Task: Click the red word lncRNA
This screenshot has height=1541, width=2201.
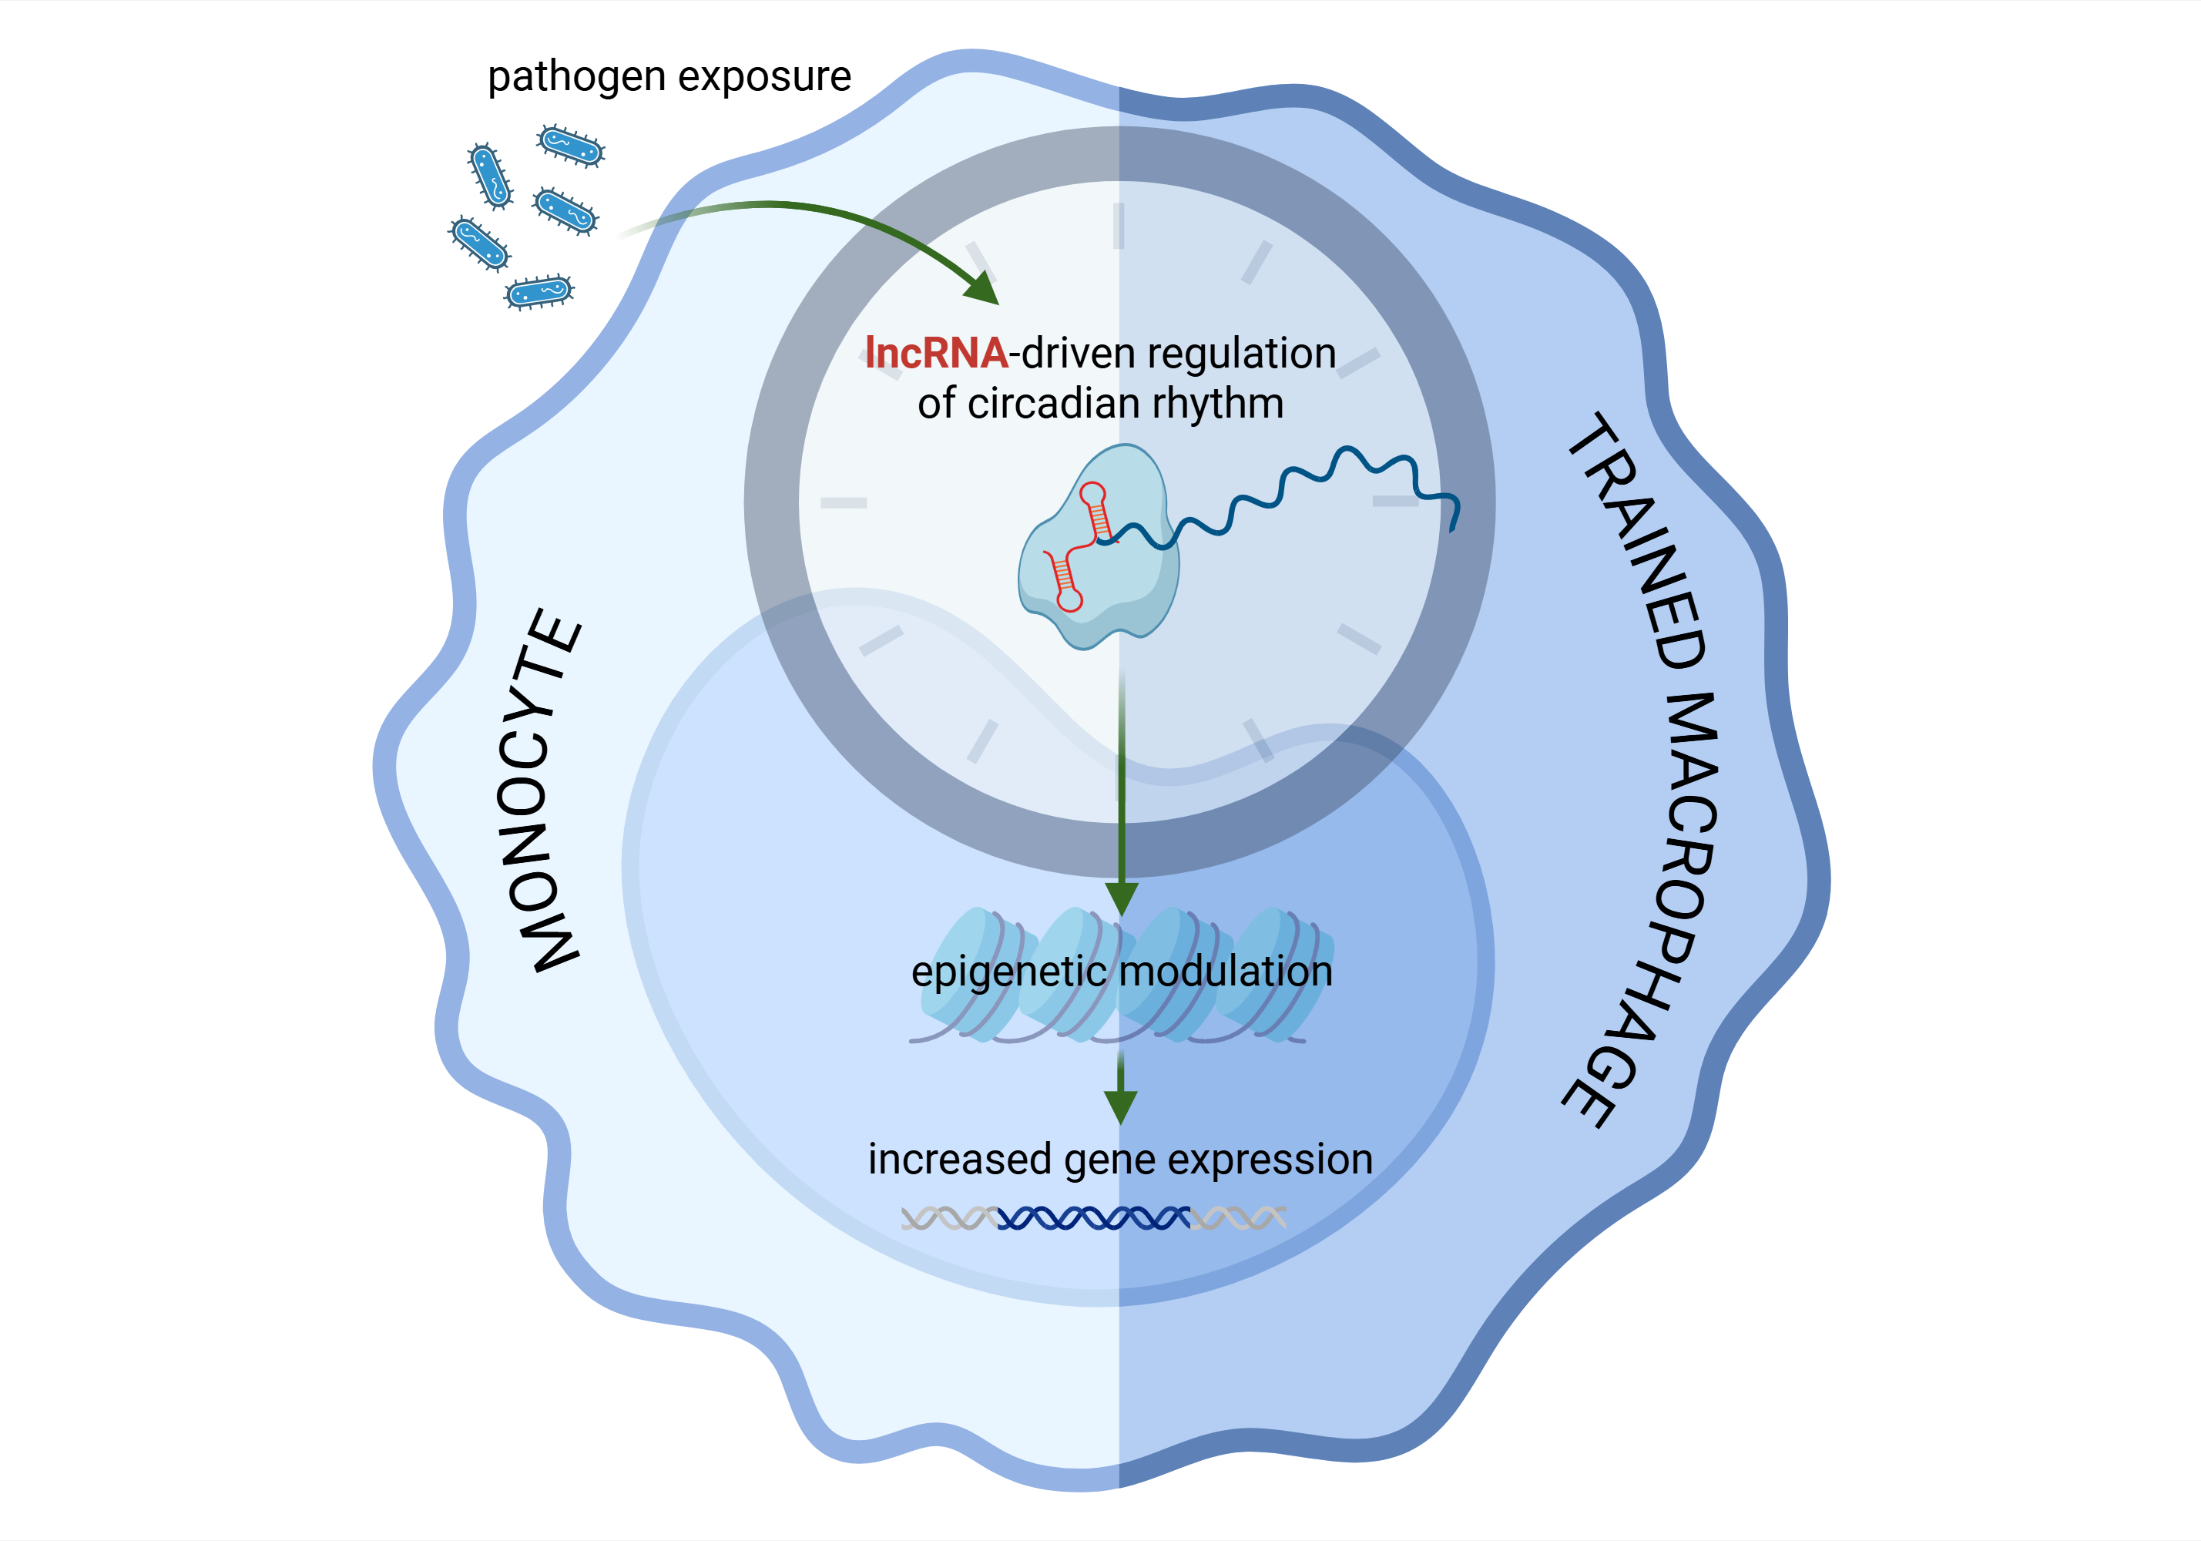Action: click(x=934, y=353)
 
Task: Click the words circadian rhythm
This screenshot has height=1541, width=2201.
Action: click(x=1125, y=404)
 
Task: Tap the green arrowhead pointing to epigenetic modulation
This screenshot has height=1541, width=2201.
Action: click(x=1121, y=898)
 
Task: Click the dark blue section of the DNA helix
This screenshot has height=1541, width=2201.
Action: click(x=1093, y=1219)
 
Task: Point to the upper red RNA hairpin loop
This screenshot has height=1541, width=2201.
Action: click(x=1092, y=495)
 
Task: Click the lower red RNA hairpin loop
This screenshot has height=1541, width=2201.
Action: click(x=1069, y=600)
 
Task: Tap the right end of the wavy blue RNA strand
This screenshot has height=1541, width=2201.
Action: click(x=1454, y=522)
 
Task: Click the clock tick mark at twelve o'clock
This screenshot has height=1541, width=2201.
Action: click(x=1118, y=227)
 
